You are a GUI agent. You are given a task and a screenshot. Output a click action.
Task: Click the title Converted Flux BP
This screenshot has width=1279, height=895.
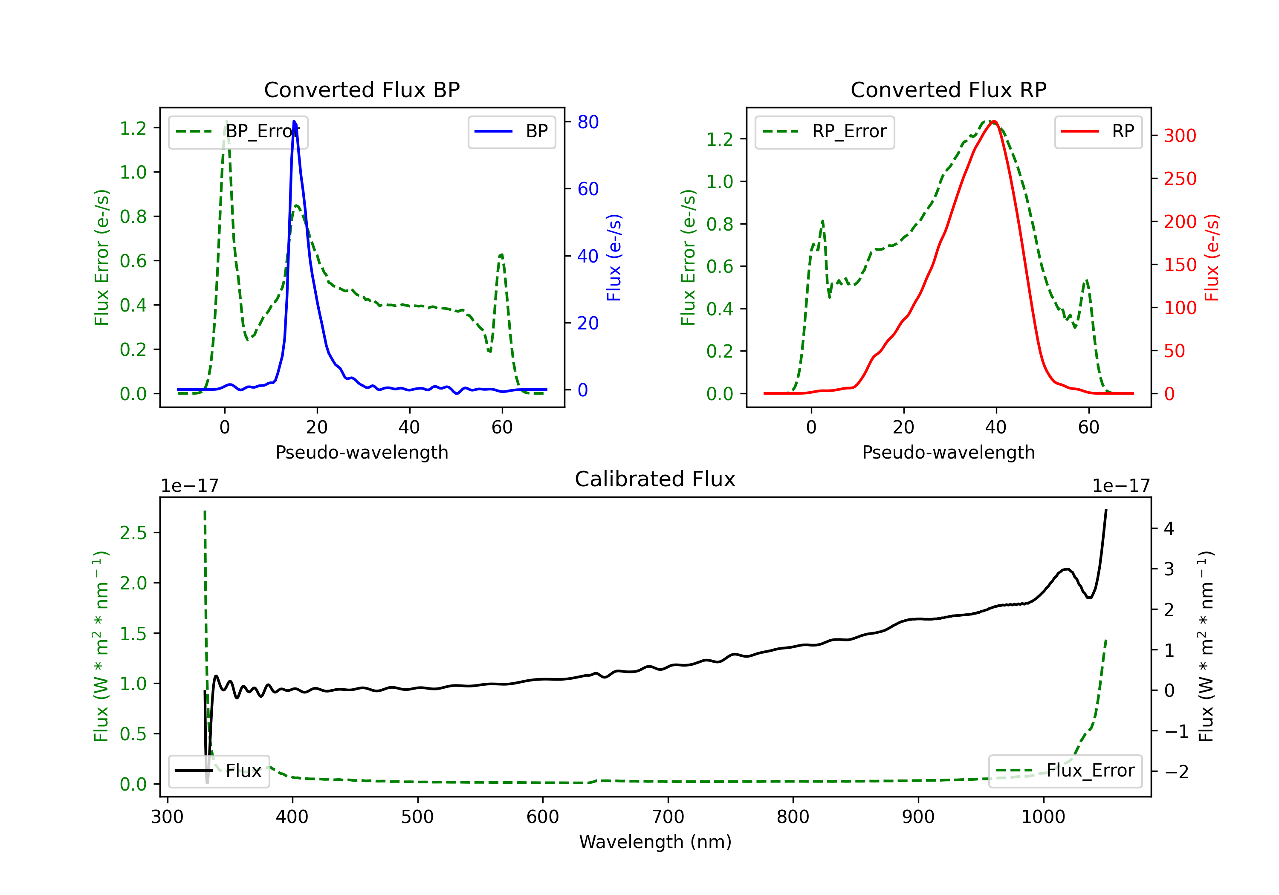tap(362, 89)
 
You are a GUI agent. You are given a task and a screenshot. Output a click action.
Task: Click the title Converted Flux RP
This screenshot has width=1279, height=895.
tap(948, 89)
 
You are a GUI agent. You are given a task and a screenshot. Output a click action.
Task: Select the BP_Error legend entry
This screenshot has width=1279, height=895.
tap(238, 131)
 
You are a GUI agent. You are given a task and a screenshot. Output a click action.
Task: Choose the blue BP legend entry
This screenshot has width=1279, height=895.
tap(511, 131)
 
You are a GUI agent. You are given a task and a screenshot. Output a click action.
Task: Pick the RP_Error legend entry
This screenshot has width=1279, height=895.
tap(825, 131)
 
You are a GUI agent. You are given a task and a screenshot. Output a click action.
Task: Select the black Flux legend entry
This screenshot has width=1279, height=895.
tap(219, 771)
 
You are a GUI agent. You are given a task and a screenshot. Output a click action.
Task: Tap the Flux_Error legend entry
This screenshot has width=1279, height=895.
tap(1065, 771)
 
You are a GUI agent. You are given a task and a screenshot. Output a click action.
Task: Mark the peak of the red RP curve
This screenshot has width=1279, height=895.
tap(994, 121)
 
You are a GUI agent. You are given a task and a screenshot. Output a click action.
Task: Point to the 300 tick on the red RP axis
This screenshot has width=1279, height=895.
tap(1180, 136)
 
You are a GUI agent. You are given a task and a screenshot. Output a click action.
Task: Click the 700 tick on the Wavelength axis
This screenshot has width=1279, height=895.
tap(668, 817)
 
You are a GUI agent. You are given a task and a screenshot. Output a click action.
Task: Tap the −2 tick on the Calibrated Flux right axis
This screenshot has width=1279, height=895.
tap(1175, 771)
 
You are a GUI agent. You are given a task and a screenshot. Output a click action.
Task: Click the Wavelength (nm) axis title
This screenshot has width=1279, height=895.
tap(655, 842)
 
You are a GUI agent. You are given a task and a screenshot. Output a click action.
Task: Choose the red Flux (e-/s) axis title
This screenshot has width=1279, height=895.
tap(1212, 257)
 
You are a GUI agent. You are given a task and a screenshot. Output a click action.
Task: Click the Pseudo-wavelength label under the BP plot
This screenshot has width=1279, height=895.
tap(362, 452)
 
